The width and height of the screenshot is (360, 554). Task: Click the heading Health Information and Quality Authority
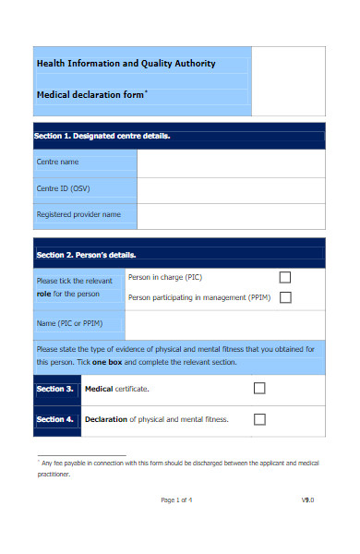[x=126, y=64]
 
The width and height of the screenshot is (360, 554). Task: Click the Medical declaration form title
[x=91, y=94]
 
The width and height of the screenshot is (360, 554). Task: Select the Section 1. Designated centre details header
[x=102, y=136]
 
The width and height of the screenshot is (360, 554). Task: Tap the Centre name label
[x=57, y=162]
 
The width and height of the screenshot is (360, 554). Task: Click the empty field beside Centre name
[x=231, y=163]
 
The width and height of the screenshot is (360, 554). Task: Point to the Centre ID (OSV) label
[x=63, y=188]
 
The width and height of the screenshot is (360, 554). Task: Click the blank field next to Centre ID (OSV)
[x=231, y=188]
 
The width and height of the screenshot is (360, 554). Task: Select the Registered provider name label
[x=78, y=214]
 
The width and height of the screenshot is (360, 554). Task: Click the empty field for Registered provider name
[x=231, y=215]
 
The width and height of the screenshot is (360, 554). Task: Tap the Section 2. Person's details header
[x=86, y=255]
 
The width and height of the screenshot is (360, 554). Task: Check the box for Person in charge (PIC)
[x=285, y=277]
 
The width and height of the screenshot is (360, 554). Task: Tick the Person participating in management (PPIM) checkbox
[x=285, y=297]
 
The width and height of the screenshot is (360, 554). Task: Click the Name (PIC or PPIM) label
[x=69, y=323]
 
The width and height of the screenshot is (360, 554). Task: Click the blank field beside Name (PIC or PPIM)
[x=224, y=324]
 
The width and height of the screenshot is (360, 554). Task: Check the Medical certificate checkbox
[x=259, y=389]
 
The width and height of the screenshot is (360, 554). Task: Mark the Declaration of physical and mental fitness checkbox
[x=259, y=419]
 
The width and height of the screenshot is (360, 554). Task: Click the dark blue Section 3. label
[x=54, y=389]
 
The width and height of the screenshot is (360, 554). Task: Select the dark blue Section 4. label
[x=54, y=419]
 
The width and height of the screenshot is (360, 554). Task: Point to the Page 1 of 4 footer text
[x=176, y=500]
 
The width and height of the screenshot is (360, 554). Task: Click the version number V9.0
[x=307, y=500]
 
